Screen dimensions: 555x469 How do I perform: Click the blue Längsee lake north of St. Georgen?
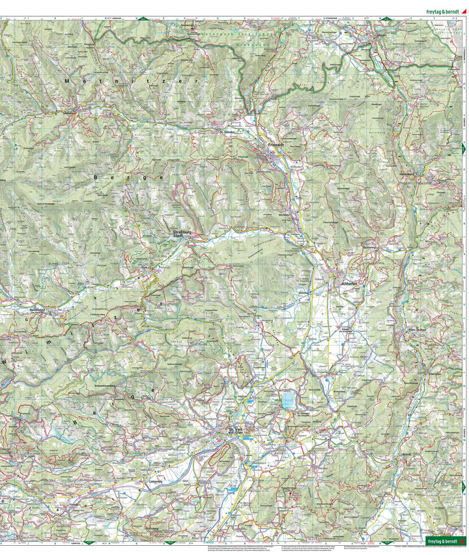[x=287, y=399]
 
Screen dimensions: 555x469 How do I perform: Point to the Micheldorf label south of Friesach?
[x=285, y=214]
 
